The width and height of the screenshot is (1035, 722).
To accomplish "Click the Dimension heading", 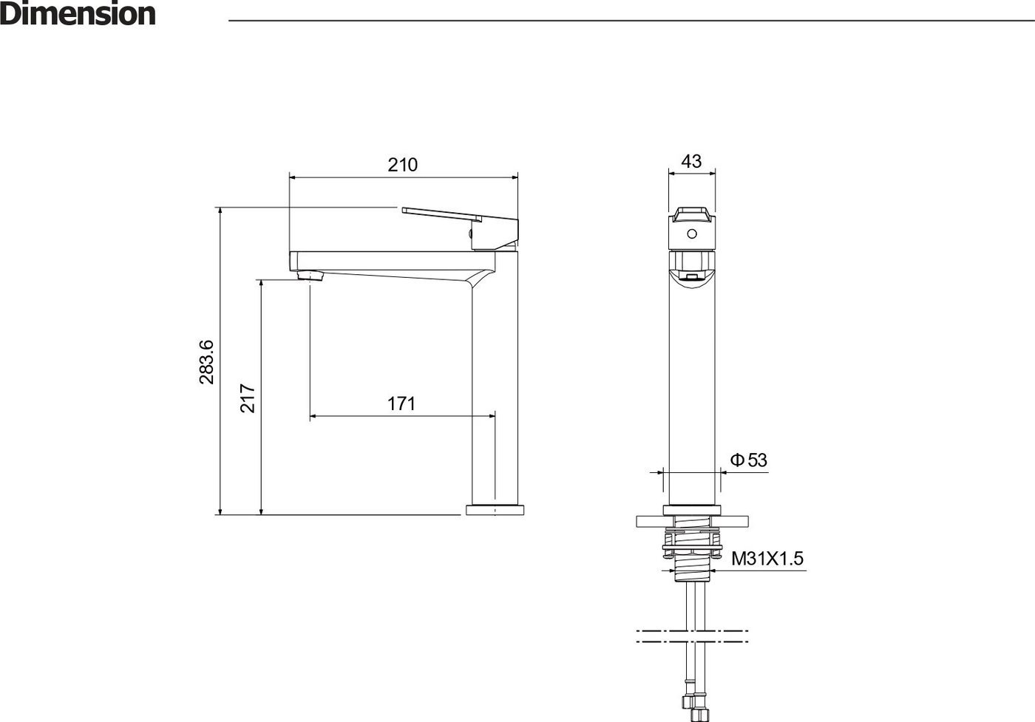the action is coord(78,14).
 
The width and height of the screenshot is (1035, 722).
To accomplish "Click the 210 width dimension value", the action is coord(402,165).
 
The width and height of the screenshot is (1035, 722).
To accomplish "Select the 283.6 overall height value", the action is coord(206,361).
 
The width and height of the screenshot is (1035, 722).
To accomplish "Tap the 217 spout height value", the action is coord(248,398).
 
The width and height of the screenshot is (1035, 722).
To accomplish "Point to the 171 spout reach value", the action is coord(401,403).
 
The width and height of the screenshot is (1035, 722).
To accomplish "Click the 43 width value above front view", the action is coord(691,161).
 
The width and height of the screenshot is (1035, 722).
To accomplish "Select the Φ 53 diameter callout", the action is coord(748,460).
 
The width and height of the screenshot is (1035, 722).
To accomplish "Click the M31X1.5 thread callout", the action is coord(767,559).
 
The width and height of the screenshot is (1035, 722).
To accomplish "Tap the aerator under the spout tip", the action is coord(310,276).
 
